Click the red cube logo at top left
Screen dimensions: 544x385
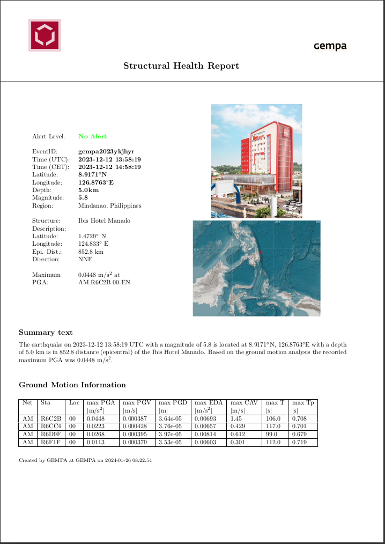pos(45,35)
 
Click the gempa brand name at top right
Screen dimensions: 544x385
pos(330,46)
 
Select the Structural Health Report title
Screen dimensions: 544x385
pos(181,66)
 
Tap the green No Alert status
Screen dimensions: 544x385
pos(92,136)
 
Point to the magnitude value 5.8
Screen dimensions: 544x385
pos(83,198)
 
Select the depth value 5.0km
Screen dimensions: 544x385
pos(88,190)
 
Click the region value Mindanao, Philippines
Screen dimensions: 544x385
pos(110,205)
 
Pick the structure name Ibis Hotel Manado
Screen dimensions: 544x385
pos(104,220)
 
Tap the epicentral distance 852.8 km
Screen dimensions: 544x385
pos(91,252)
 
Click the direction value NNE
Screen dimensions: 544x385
pos(85,259)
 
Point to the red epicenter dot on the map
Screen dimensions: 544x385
pos(261,252)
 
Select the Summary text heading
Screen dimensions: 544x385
pos(46,333)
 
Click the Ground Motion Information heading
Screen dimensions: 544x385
pos(72,385)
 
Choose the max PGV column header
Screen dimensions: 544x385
pos(136,402)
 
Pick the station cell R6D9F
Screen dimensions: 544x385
pos(51,435)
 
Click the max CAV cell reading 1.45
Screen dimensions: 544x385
pos(236,418)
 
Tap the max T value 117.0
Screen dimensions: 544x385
pos(273,427)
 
